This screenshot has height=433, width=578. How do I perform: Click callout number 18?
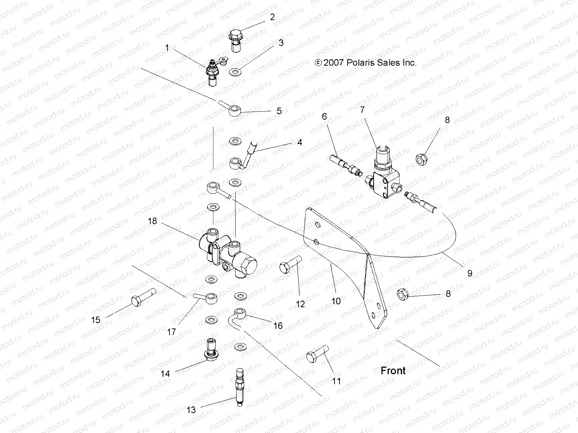coord(152,221)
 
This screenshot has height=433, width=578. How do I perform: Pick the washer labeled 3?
coord(236,72)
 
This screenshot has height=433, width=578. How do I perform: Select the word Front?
coord(393,371)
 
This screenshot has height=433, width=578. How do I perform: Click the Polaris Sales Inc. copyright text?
coord(366,62)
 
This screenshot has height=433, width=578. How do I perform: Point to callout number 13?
coord(191,410)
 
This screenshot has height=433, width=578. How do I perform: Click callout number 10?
coord(336,301)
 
